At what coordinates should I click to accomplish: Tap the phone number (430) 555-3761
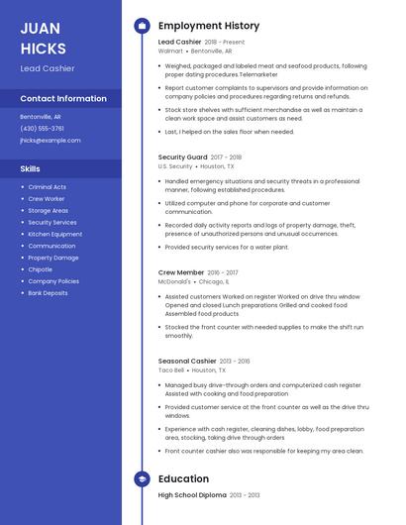click(x=42, y=128)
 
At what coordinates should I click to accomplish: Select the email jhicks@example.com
click(x=50, y=140)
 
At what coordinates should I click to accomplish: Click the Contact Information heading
click(x=63, y=98)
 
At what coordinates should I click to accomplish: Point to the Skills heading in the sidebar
click(x=31, y=168)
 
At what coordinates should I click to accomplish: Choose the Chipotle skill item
click(x=40, y=269)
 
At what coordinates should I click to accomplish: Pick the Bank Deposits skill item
click(x=48, y=293)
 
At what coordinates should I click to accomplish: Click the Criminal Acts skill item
click(x=47, y=186)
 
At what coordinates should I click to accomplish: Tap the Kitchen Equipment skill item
click(x=54, y=234)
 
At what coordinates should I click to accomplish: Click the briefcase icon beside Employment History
click(x=142, y=26)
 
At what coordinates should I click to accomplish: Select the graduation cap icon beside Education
click(x=142, y=478)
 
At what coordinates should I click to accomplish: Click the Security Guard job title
click(x=183, y=157)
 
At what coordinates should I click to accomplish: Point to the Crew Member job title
click(x=181, y=271)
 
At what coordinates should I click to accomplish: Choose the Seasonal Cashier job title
click(x=187, y=361)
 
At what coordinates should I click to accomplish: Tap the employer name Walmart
click(x=170, y=51)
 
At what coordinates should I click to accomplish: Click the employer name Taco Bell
click(x=171, y=370)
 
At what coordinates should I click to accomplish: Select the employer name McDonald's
click(x=174, y=281)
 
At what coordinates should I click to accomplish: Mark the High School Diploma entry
click(x=192, y=494)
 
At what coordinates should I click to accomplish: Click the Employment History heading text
click(x=209, y=26)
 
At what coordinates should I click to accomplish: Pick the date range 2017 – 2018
click(x=226, y=157)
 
